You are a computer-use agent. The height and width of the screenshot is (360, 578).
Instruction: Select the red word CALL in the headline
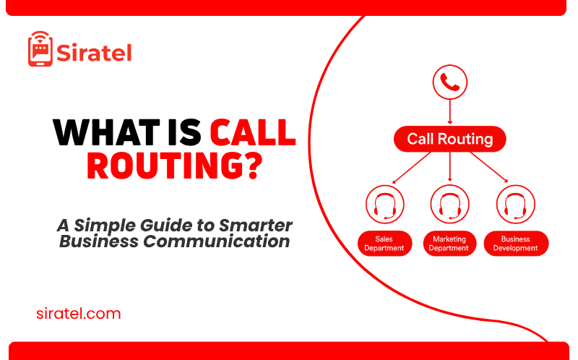(253, 134)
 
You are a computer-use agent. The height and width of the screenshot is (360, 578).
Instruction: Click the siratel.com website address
(79, 314)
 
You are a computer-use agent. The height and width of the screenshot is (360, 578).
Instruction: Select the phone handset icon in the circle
(449, 83)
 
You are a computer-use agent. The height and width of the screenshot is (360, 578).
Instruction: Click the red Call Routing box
(449, 139)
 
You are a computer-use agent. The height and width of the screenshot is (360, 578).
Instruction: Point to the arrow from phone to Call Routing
(449, 112)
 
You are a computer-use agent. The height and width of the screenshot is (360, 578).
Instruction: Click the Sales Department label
(384, 244)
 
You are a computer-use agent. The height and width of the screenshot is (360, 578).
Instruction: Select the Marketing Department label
(449, 244)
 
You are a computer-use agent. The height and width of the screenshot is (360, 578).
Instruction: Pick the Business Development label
(515, 244)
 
